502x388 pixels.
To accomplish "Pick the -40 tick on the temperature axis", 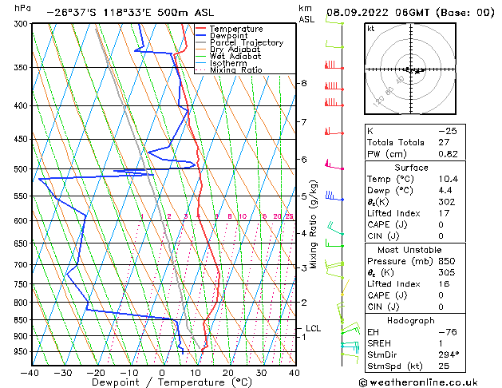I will pyautogui.click(x=30, y=372).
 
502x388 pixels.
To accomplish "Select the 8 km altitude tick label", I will pyautogui.click(x=303, y=83).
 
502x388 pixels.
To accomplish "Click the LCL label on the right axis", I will pyautogui.click(x=313, y=328).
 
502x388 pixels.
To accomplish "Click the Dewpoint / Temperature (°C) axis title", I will pyautogui.click(x=162, y=383).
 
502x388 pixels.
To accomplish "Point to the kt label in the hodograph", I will pyautogui.click(x=370, y=28).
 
